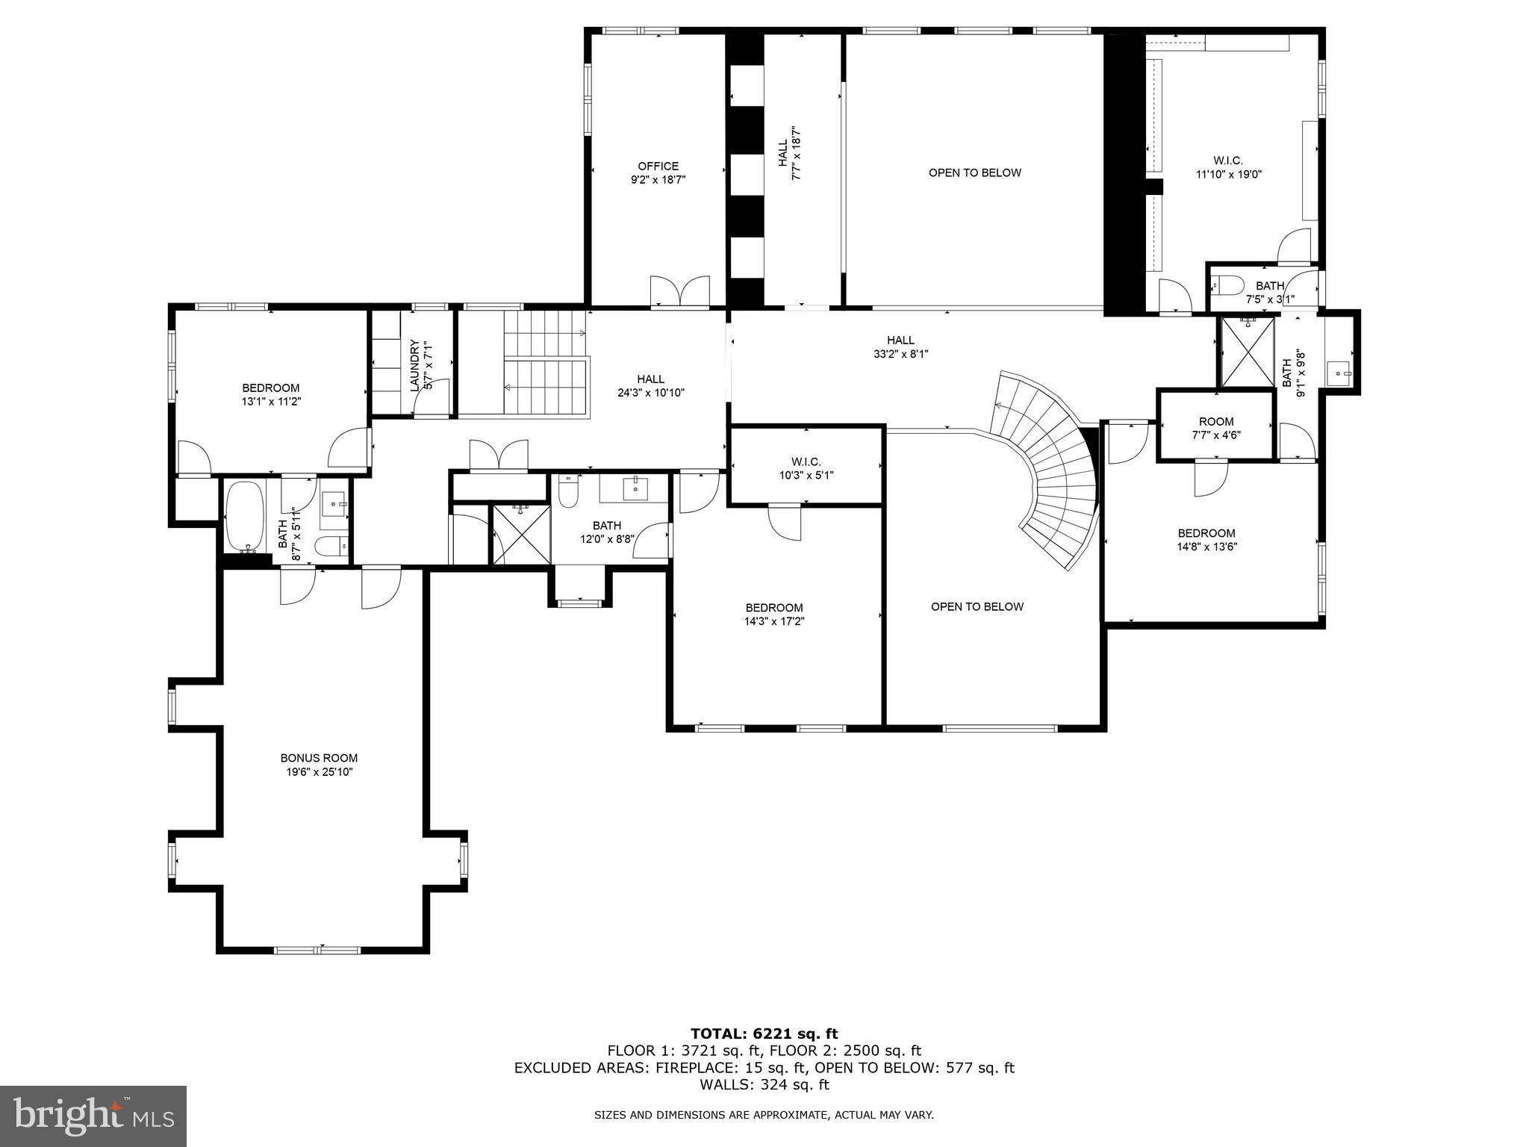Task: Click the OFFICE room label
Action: click(x=658, y=167)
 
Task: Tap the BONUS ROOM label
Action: click(x=319, y=758)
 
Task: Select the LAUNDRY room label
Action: click(x=414, y=365)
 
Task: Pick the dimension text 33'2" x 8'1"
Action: click(x=900, y=354)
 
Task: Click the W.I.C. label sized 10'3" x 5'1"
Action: click(x=806, y=462)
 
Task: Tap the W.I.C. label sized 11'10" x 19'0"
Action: click(x=1227, y=161)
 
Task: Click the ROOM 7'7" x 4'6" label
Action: click(x=1216, y=421)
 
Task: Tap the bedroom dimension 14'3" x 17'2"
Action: click(x=774, y=621)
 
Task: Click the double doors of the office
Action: click(x=679, y=292)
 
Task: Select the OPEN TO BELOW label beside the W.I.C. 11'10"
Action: click(x=974, y=172)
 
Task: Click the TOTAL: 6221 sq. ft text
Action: click(x=764, y=1033)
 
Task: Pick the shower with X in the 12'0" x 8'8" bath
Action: click(x=521, y=534)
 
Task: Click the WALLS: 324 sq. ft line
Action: click(x=764, y=1084)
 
